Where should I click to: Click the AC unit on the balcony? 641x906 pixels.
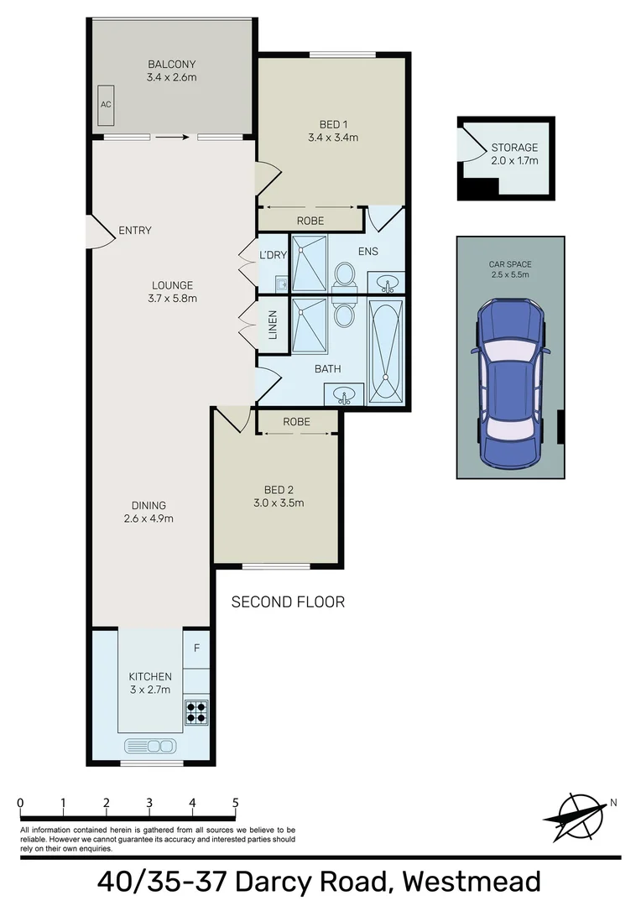tap(106, 104)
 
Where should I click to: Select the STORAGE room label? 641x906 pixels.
tap(514, 148)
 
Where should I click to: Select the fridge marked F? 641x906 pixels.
tap(196, 648)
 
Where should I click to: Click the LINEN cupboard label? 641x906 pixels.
tap(272, 325)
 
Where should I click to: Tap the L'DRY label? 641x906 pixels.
tap(274, 254)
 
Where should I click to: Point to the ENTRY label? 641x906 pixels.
tap(135, 231)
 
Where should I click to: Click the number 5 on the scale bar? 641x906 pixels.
tap(236, 803)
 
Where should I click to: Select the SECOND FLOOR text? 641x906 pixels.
tap(288, 601)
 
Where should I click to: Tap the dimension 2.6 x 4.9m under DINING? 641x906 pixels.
tap(148, 518)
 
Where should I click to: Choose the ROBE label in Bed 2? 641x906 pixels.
tap(297, 422)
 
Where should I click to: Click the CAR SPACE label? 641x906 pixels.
tap(510, 264)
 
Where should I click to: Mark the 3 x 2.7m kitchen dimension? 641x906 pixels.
tap(149, 690)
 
